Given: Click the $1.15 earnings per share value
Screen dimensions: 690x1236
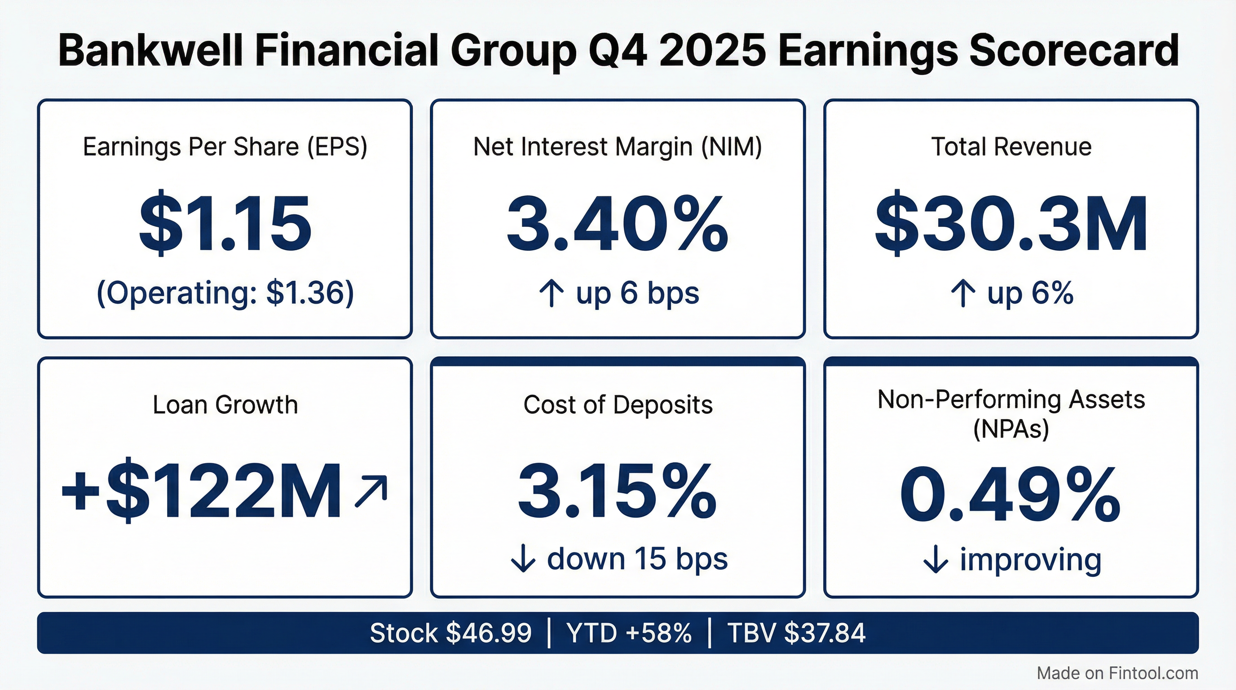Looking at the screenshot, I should [x=225, y=224].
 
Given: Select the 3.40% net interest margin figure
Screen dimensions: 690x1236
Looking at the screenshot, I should [x=618, y=224].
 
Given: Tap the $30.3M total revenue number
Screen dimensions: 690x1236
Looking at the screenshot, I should [x=1011, y=224].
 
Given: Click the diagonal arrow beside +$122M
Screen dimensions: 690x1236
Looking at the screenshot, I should [x=371, y=491].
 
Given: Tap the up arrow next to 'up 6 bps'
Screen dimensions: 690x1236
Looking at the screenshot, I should [x=552, y=293].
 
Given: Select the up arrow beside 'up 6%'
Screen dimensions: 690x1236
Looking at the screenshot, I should [x=962, y=293].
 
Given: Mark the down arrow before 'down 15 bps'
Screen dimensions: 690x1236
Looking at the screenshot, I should [x=523, y=559].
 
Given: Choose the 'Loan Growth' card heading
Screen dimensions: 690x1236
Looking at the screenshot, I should [x=225, y=404].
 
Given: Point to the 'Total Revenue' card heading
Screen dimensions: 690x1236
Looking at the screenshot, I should [x=1011, y=147].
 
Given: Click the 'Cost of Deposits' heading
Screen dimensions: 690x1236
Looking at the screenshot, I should [x=618, y=404].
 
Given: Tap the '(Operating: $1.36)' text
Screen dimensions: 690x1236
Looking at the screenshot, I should [x=225, y=293].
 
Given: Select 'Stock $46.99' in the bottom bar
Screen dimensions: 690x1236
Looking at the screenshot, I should [x=450, y=632].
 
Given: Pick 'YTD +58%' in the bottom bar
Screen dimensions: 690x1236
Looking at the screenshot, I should [x=629, y=632].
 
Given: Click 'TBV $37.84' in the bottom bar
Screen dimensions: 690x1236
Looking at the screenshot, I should [x=796, y=632].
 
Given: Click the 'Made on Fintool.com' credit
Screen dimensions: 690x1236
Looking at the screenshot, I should [x=1117, y=673].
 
